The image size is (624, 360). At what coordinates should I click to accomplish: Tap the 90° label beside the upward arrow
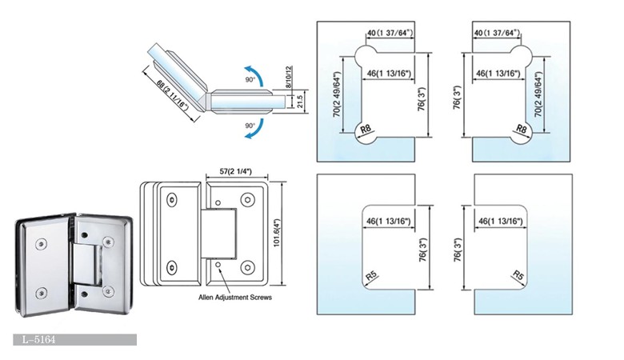250,81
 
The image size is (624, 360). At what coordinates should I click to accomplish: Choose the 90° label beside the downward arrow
250,126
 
